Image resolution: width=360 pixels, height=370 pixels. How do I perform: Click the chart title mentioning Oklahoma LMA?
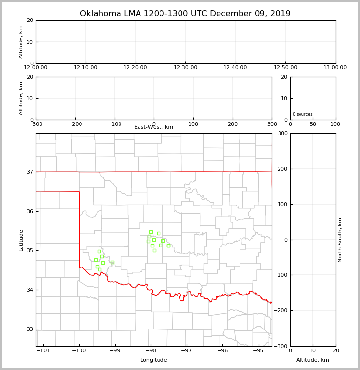point(185,14)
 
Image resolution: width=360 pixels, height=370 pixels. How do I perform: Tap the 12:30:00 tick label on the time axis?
point(185,68)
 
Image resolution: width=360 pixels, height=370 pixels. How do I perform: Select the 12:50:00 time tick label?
point(285,68)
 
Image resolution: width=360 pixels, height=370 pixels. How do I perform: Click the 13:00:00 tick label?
point(335,68)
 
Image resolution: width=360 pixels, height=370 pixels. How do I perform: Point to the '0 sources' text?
point(302,114)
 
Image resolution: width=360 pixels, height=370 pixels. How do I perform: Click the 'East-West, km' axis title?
point(154,127)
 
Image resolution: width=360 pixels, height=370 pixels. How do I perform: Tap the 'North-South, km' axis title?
point(340,240)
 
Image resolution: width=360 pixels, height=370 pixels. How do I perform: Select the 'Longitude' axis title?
point(154,360)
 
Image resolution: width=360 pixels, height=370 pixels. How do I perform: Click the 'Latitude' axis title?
point(21,240)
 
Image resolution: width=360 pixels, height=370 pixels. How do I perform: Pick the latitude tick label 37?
point(30,172)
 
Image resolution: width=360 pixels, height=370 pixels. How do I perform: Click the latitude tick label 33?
point(30,329)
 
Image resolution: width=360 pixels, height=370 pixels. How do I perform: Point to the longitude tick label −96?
point(222,350)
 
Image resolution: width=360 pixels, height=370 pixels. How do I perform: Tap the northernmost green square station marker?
point(151,232)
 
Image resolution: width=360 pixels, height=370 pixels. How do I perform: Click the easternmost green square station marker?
point(168,246)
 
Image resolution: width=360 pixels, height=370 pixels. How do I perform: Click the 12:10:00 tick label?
point(86,68)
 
